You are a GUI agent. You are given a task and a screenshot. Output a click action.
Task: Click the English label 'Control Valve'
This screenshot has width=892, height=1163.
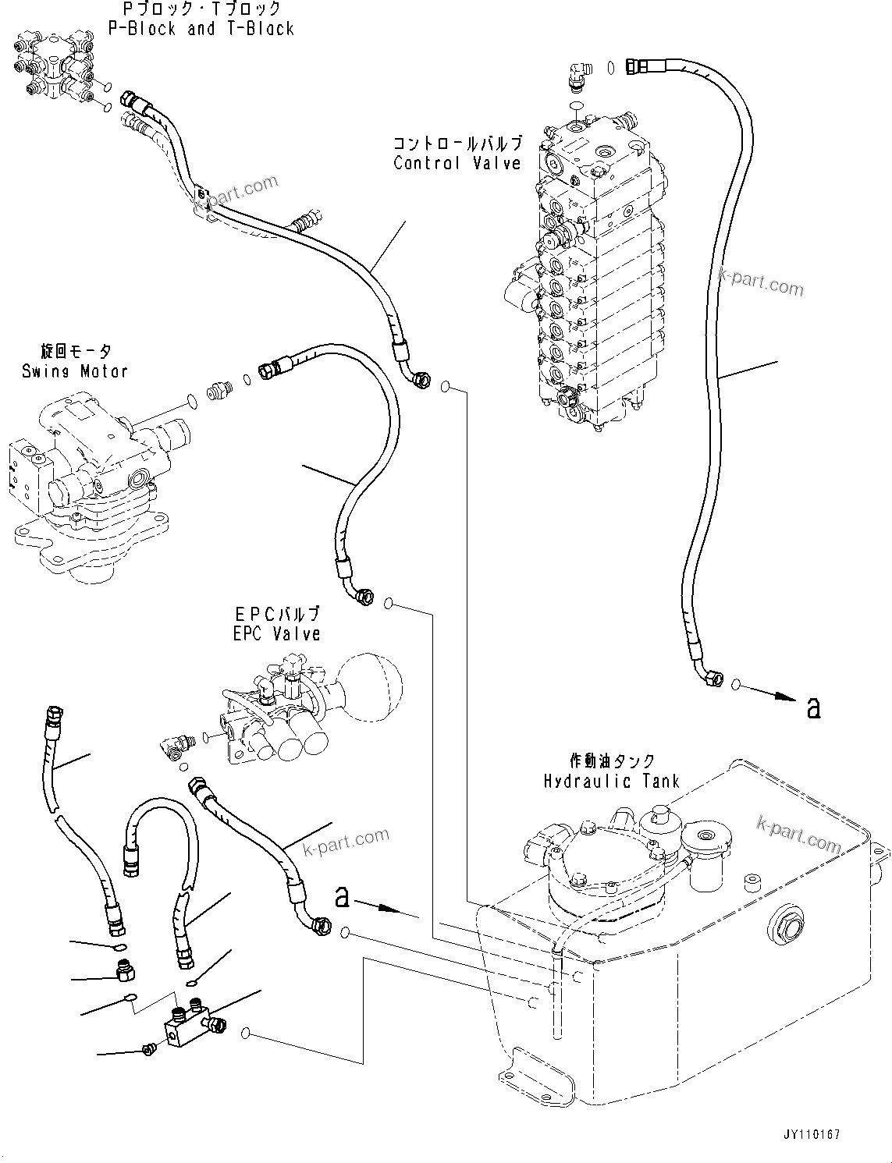(457, 163)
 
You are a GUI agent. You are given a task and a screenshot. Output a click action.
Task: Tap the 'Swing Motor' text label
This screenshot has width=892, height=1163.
(75, 371)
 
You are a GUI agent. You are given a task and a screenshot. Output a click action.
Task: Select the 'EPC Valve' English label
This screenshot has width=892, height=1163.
(276, 634)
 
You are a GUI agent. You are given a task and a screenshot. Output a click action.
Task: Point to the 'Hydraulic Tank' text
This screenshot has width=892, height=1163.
(612, 781)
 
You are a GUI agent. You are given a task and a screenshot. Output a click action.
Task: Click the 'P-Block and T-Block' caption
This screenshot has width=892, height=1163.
(201, 29)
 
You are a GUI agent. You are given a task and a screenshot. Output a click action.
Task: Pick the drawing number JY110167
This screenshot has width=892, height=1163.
(813, 1136)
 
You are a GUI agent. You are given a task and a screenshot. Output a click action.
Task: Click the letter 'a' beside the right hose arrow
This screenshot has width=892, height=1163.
(814, 707)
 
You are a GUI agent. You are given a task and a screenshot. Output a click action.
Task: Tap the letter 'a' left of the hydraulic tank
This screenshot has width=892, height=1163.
(342, 897)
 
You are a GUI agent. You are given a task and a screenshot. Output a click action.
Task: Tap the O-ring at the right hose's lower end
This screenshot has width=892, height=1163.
(736, 685)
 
